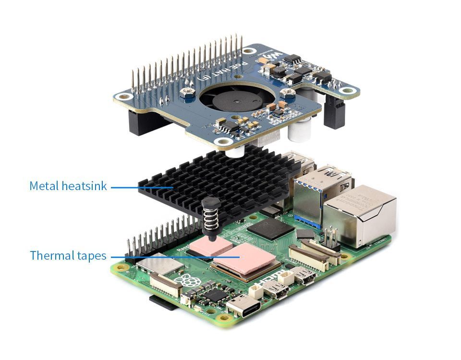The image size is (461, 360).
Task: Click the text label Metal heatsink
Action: (68, 186)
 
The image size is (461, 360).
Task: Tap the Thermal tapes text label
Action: (68, 255)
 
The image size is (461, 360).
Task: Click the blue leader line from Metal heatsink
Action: (142, 187)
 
